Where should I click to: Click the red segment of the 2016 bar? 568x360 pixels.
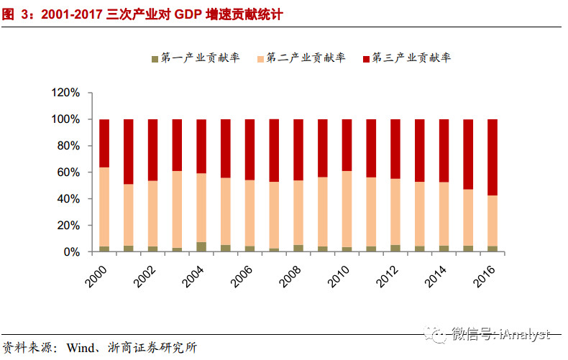pyautogui.click(x=493, y=157)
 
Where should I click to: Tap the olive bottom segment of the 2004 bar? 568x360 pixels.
pyautogui.click(x=201, y=247)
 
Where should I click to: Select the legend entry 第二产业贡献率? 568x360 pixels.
pyautogui.click(x=306, y=57)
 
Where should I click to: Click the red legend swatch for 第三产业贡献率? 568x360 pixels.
pyautogui.click(x=366, y=58)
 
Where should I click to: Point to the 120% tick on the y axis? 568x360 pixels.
pyautogui.click(x=65, y=93)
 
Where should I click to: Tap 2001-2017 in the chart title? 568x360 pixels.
pyautogui.click(x=63, y=13)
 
